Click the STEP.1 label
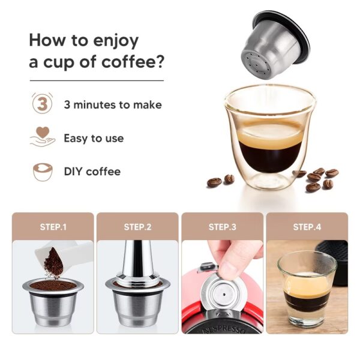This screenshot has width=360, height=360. [53, 227]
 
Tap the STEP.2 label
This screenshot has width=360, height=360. [137, 227]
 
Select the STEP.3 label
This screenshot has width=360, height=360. [222, 227]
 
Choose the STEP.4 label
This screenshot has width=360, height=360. [307, 227]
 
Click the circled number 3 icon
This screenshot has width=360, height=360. [41, 104]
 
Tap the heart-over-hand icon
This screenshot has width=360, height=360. [41, 137]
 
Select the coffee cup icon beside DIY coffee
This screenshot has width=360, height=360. [41, 172]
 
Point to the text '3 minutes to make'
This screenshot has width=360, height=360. [113, 104]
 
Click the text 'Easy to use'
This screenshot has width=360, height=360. [94, 138]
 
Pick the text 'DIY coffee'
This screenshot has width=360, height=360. [92, 172]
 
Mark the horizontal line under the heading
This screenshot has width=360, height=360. [96, 80]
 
